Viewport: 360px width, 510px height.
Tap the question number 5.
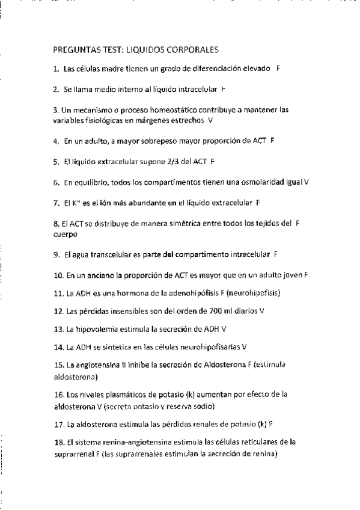(55, 162)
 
